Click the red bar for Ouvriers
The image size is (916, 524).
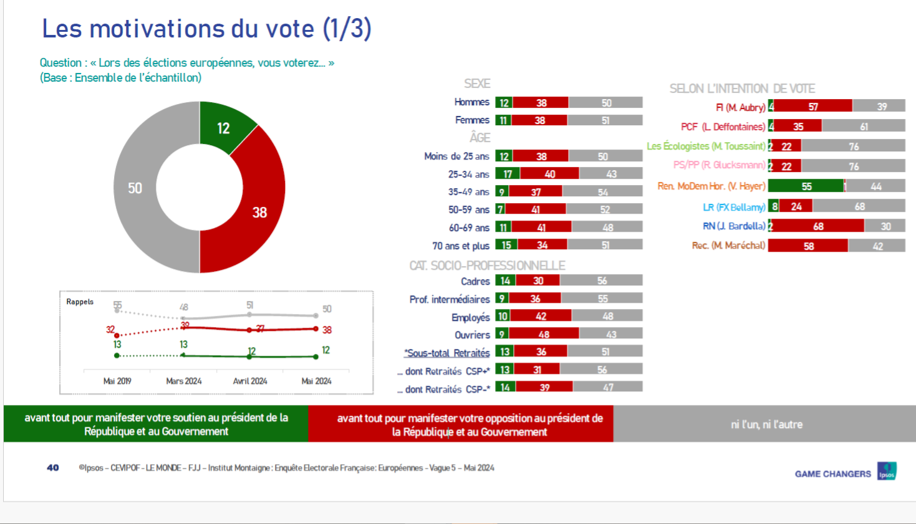coord(543,335)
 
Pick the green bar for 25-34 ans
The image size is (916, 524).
coord(508,174)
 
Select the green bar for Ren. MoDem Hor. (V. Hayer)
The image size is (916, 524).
coord(806,186)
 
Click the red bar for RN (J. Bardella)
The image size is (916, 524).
coord(818,226)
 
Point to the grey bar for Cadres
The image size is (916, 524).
coord(601,281)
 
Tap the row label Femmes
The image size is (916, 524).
coord(472,120)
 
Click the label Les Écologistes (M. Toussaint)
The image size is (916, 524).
coord(705,146)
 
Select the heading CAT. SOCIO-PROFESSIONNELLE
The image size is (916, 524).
coord(487,265)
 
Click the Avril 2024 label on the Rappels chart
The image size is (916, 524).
coord(250,381)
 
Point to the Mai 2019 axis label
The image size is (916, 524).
coord(117,381)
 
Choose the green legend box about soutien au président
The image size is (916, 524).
coord(156,424)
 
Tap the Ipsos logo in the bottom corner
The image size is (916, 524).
coord(886,471)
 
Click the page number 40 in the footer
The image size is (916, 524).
coord(53,467)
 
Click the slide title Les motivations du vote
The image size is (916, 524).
coord(206,29)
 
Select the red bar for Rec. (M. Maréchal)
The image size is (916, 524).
coord(808,246)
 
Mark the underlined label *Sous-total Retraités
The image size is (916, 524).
coord(447,353)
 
